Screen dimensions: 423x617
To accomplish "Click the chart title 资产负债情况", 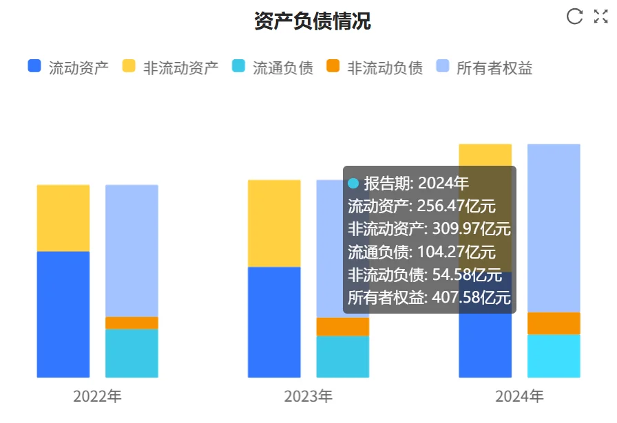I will (x=312, y=21).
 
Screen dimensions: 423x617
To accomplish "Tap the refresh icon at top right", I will (x=574, y=17).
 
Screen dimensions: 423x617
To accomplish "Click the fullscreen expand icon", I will (x=600, y=17).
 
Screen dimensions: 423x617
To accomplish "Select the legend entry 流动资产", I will (x=67, y=67).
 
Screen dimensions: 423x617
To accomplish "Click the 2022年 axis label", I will (x=97, y=397).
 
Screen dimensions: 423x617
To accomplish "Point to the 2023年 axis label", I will (x=308, y=397).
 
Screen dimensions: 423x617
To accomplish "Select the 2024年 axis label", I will (x=519, y=397).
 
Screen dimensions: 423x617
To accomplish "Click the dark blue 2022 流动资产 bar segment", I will (x=63, y=314).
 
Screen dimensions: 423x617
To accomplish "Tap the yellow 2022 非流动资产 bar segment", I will (x=63, y=218).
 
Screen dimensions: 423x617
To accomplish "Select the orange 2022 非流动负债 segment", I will (x=132, y=323).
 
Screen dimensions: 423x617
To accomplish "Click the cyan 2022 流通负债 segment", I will (x=132, y=353).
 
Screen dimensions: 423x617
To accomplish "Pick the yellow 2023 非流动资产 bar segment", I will (x=274, y=223).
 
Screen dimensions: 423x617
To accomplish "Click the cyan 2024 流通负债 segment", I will (x=554, y=356).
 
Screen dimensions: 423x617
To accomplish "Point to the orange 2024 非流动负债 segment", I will (x=554, y=323).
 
